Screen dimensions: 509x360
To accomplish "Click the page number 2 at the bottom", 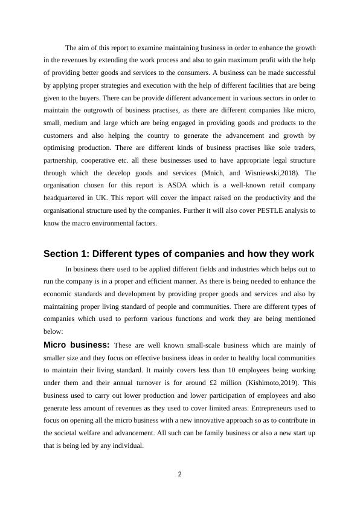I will (179, 475).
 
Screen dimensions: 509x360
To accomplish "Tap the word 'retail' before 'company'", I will (266, 185).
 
